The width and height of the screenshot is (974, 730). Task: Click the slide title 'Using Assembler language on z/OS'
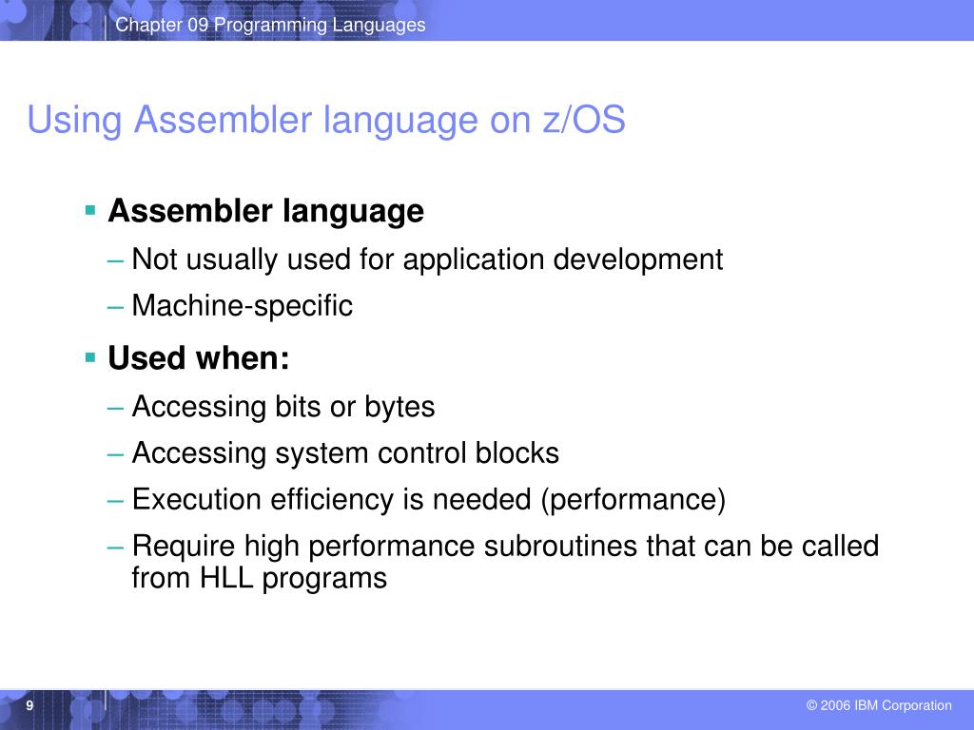pyautogui.click(x=326, y=121)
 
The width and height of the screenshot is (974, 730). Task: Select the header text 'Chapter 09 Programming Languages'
pyautogui.click(x=270, y=25)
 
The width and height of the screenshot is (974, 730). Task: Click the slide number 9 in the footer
pyautogui.click(x=30, y=705)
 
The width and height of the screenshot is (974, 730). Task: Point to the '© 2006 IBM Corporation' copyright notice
pyautogui.click(x=878, y=705)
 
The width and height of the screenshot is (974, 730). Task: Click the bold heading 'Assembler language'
pyautogui.click(x=265, y=211)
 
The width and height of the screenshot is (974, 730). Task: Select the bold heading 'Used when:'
pyautogui.click(x=199, y=359)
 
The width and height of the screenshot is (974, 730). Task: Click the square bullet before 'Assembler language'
pyautogui.click(x=90, y=209)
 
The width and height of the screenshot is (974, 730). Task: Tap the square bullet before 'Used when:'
pyautogui.click(x=90, y=357)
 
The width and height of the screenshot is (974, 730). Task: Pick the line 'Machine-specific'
pyautogui.click(x=242, y=306)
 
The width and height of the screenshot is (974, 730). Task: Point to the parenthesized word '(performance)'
pyautogui.click(x=633, y=500)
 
